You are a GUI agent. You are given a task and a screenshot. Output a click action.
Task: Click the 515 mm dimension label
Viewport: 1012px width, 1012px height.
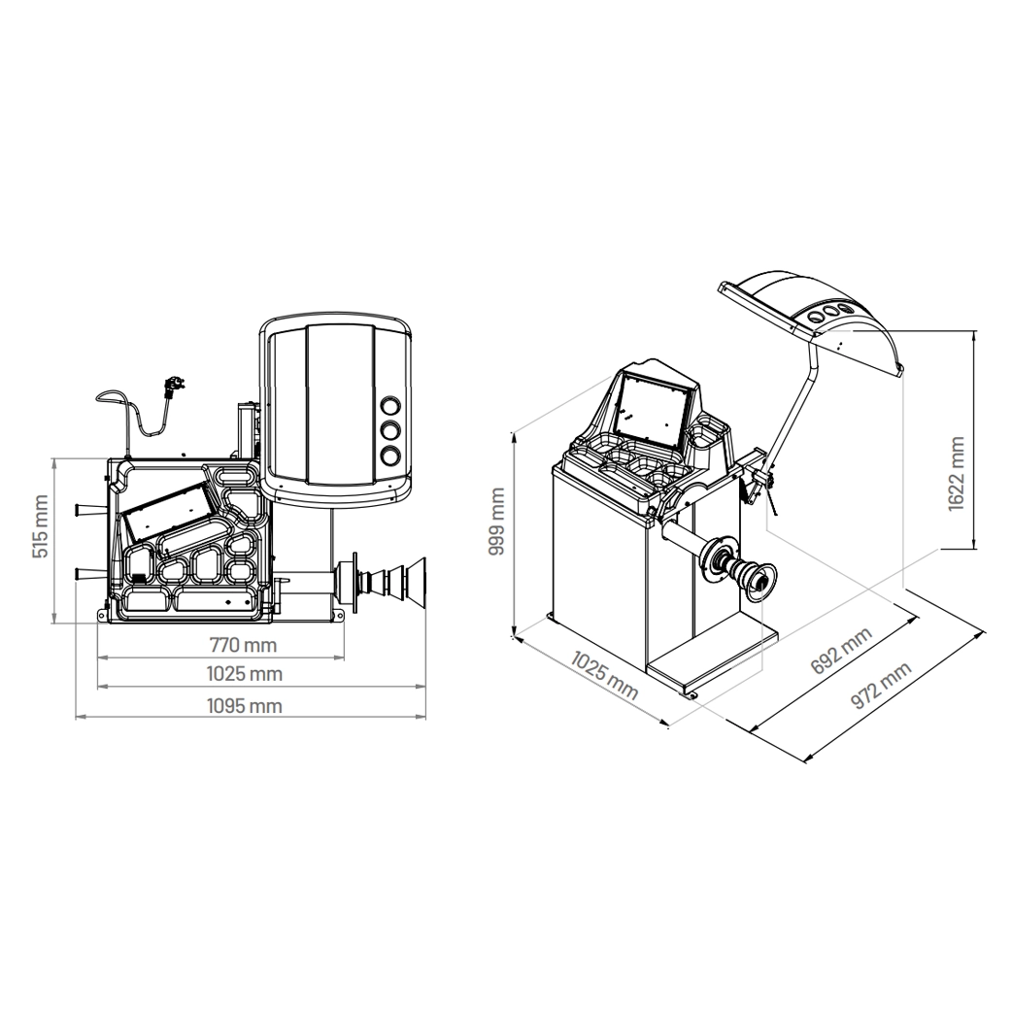[40, 526]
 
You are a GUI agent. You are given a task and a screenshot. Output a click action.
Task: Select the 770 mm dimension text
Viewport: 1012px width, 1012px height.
[244, 645]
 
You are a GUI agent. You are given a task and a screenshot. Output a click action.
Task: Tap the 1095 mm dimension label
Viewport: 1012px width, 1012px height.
[245, 706]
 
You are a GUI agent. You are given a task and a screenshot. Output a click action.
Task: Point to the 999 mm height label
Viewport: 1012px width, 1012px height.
[496, 522]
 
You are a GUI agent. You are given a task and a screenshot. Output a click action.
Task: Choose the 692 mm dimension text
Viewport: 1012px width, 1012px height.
[841, 650]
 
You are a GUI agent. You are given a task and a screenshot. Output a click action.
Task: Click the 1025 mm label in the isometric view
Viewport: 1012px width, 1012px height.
[605, 676]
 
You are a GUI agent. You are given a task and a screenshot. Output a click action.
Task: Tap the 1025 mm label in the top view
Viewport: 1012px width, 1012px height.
[245, 674]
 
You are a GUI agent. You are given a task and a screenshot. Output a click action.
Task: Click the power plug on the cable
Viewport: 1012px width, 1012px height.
[170, 388]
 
